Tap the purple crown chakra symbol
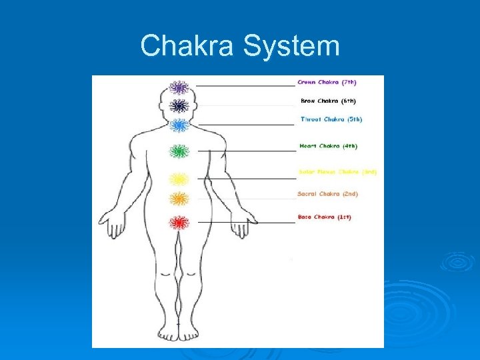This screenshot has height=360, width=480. point(178,87)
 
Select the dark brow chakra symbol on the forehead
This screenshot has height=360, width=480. point(178,105)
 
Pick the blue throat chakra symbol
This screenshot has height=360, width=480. point(179,125)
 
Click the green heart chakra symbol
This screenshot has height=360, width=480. point(179,152)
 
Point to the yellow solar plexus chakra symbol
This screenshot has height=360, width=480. point(179,179)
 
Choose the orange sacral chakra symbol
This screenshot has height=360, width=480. point(179,198)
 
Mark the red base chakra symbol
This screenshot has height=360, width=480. point(178,222)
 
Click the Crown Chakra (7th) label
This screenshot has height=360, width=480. point(327,83)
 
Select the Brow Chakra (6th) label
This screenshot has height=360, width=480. point(327,101)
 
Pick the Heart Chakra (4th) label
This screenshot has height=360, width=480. point(328,145)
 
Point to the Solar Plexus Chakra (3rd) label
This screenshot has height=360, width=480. point(337,172)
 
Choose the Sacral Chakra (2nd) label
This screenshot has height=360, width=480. point(327,194)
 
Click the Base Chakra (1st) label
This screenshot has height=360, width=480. point(324,217)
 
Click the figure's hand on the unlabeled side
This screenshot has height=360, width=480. point(113,223)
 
